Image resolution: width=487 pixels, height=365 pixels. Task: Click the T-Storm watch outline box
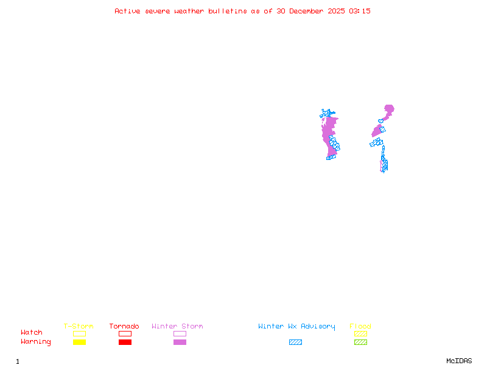coord(79,333)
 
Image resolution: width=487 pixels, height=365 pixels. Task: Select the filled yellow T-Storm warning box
coord(79,342)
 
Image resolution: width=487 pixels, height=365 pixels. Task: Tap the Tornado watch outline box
coord(125,333)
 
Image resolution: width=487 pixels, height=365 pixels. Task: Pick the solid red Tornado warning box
coord(125,342)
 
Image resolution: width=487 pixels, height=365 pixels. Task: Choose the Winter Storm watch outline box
coord(180,333)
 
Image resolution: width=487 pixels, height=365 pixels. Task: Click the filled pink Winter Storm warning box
coord(180,342)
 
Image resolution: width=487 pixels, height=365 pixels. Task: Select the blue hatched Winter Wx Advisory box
coord(295,342)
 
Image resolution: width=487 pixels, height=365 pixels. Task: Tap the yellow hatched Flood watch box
coord(360,333)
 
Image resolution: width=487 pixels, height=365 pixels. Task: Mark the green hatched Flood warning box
coord(360,342)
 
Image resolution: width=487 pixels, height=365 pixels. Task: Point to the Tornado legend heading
coord(124,327)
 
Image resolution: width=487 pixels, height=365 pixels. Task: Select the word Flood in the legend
coord(360,327)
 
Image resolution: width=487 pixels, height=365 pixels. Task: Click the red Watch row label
coord(32,333)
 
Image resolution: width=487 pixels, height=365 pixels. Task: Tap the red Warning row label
coord(36,342)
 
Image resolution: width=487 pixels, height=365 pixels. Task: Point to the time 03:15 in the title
coord(359,11)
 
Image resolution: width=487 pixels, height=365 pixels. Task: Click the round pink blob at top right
coord(388,109)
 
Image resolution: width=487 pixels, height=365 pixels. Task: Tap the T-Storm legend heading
coord(79,327)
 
